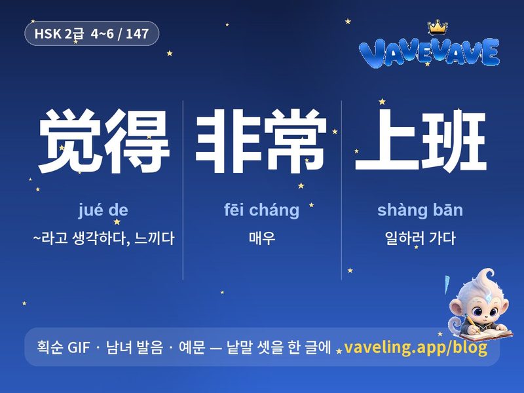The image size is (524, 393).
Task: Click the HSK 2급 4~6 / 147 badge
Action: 92,33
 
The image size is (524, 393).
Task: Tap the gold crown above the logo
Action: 438,28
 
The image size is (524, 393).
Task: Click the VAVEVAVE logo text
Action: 429,52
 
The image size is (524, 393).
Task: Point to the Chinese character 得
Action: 137,141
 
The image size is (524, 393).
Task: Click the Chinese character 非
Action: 227,141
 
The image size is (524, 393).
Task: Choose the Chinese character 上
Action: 386,140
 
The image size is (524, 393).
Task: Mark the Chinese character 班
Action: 453,141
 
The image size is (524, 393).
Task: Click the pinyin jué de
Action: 103,210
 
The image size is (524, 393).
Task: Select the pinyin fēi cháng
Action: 261,210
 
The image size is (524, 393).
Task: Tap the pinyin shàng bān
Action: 420,210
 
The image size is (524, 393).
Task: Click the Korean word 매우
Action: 262,238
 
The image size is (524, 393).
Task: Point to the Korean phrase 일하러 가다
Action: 420,238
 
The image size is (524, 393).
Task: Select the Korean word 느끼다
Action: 154,238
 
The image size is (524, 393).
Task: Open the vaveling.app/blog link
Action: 415,348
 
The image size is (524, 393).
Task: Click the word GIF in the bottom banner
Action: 79,348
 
